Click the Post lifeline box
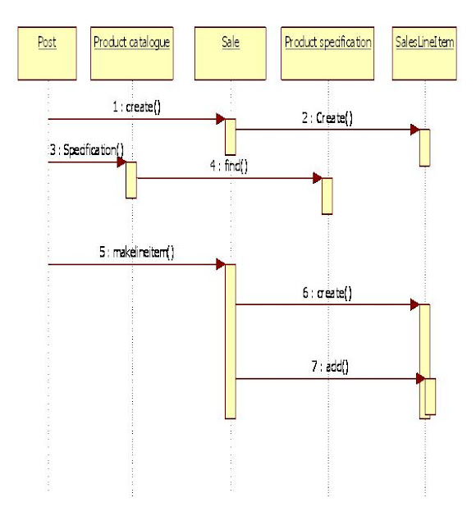48,52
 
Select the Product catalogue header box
131,52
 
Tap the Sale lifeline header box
231,52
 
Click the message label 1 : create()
136,108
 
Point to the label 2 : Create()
327,117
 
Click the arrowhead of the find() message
316,177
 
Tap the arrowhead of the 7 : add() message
419,378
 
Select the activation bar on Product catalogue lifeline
130,180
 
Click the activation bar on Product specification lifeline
327,195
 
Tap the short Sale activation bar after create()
231,137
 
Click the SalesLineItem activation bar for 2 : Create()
424,147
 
